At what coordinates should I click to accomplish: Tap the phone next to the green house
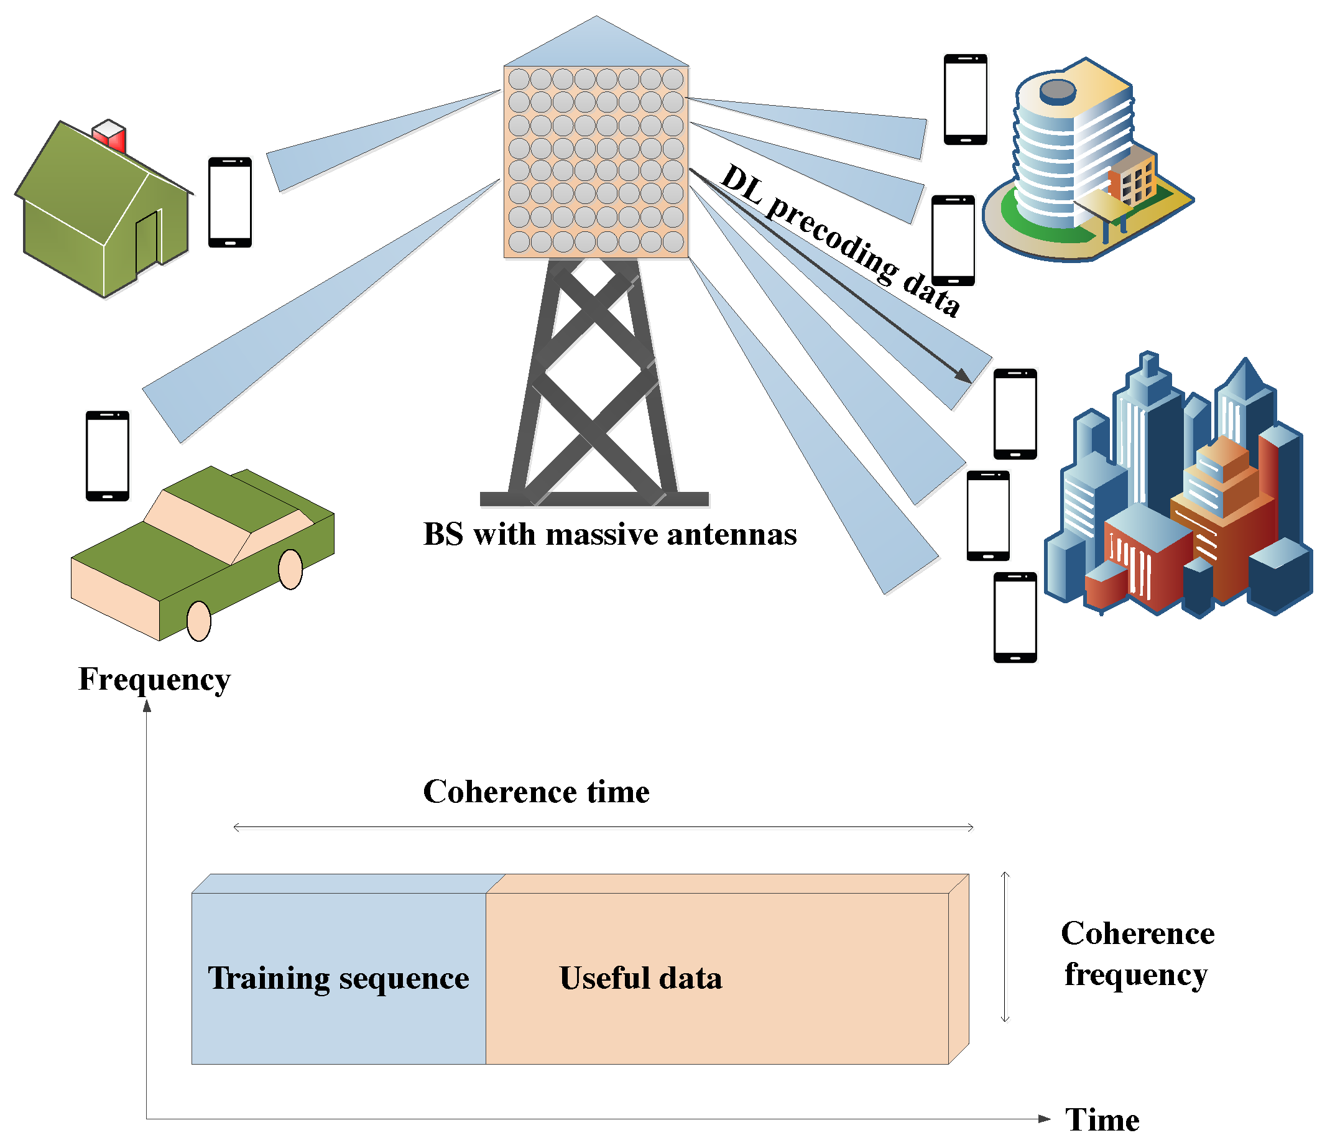tap(230, 202)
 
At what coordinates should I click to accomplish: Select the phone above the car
tap(108, 456)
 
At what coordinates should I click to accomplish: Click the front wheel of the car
tap(198, 621)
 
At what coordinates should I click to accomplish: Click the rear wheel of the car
tap(290, 569)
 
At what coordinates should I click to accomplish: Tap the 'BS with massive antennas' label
tap(609, 535)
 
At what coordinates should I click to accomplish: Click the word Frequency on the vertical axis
tap(155, 680)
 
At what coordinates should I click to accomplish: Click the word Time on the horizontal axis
tap(1102, 1121)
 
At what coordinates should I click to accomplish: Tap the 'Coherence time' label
tap(536, 792)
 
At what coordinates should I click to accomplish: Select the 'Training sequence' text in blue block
tap(338, 979)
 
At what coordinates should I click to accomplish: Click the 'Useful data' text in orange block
tap(640, 979)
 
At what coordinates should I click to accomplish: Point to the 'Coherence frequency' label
tap(1137, 954)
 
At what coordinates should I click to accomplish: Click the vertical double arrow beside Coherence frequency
tap(1005, 947)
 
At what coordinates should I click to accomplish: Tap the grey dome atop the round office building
tap(1058, 91)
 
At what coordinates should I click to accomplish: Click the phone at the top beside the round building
tap(965, 100)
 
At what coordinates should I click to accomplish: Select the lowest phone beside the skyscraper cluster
tap(1015, 618)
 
